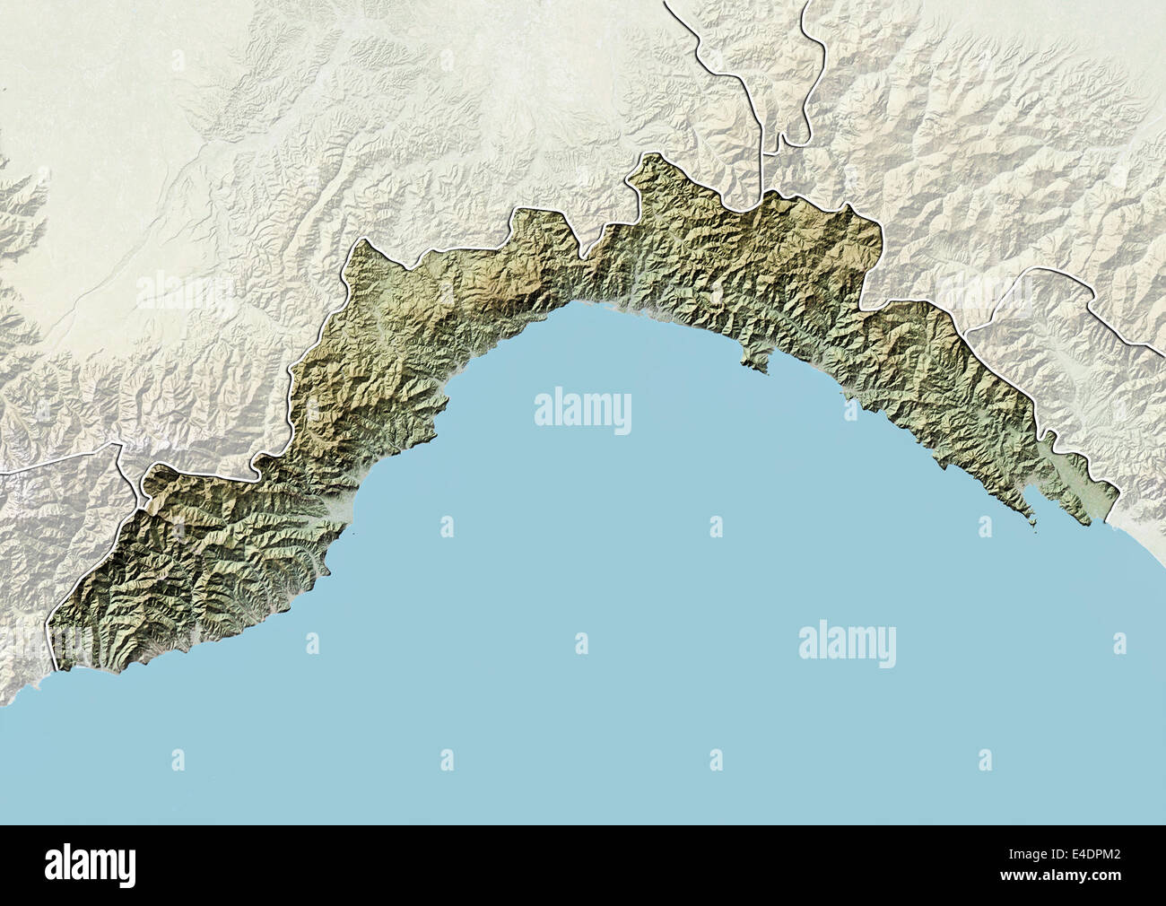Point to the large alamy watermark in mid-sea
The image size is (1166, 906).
click(x=583, y=412)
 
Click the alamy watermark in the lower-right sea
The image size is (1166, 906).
click(x=847, y=642)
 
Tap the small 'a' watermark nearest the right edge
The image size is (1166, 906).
click(x=1118, y=642)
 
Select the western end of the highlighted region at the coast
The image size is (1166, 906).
click(x=59, y=669)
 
